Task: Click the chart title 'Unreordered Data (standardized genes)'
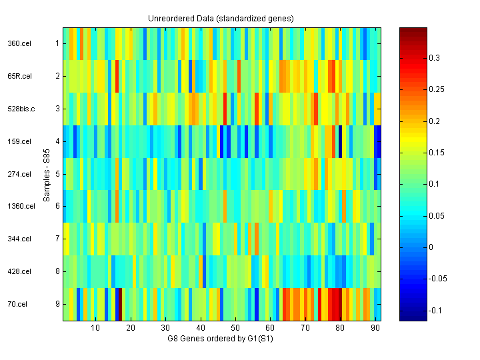point(221,18)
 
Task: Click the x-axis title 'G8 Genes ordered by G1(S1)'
point(221,339)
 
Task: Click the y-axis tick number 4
point(57,141)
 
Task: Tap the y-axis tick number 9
point(57,305)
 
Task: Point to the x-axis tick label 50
point(235,328)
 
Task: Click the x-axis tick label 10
point(95,328)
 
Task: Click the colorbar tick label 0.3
point(435,59)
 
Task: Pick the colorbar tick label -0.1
point(436,310)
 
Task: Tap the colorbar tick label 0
point(431,247)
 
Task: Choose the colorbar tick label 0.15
point(437,153)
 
